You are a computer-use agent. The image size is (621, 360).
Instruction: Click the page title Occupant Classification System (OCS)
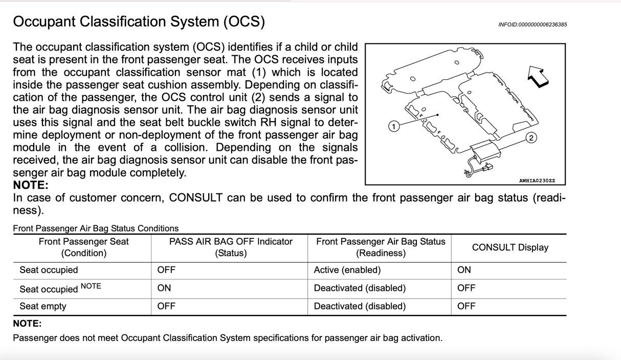pyautogui.click(x=139, y=22)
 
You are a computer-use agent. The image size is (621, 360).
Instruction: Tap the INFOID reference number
pyautogui.click(x=532, y=25)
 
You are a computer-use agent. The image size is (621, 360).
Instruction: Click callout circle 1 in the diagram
pyautogui.click(x=393, y=126)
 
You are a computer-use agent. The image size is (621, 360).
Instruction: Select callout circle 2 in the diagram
pyautogui.click(x=531, y=138)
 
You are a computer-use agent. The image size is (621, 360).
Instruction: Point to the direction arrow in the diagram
pyautogui.click(x=538, y=77)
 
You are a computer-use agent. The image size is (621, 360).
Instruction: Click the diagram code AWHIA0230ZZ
pyautogui.click(x=537, y=181)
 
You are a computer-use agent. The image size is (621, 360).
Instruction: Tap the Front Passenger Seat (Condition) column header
pyautogui.click(x=83, y=247)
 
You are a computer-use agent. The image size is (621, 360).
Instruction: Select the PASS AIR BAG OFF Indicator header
pyautogui.click(x=230, y=247)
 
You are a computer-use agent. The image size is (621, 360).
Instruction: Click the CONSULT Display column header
pyautogui.click(x=509, y=247)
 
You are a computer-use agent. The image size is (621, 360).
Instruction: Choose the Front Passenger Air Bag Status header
pyautogui.click(x=380, y=247)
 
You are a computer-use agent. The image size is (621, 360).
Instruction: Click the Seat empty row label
pyautogui.click(x=43, y=306)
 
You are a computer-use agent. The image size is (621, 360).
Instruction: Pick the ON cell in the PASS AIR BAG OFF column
pyautogui.click(x=164, y=288)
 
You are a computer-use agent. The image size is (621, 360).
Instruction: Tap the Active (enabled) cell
pyautogui.click(x=347, y=270)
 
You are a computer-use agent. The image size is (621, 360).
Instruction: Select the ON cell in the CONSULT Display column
pyautogui.click(x=464, y=270)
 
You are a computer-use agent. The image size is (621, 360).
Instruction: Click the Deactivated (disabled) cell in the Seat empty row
pyautogui.click(x=360, y=306)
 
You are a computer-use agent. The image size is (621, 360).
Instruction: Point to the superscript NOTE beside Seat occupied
pyautogui.click(x=91, y=286)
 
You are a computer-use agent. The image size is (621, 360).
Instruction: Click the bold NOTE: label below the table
pyautogui.click(x=27, y=324)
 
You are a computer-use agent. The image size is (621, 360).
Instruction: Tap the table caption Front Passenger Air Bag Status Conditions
pyautogui.click(x=96, y=229)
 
